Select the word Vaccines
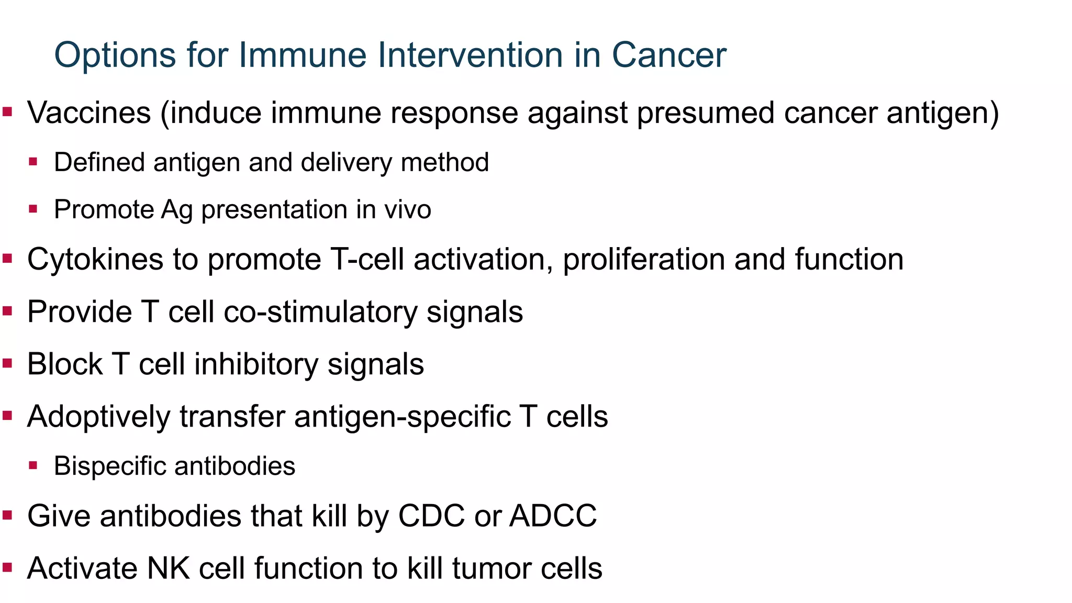click(x=89, y=113)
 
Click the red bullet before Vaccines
click(x=7, y=111)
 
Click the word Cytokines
click(x=95, y=260)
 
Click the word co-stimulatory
click(x=320, y=312)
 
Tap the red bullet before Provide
click(x=7, y=311)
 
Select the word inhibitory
click(x=256, y=364)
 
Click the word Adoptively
click(x=98, y=417)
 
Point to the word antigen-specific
click(x=402, y=417)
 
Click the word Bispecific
click(x=109, y=466)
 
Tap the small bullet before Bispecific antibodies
click(x=33, y=465)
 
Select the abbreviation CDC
click(x=431, y=516)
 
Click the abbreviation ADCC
click(x=553, y=516)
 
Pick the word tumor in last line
click(x=492, y=568)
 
